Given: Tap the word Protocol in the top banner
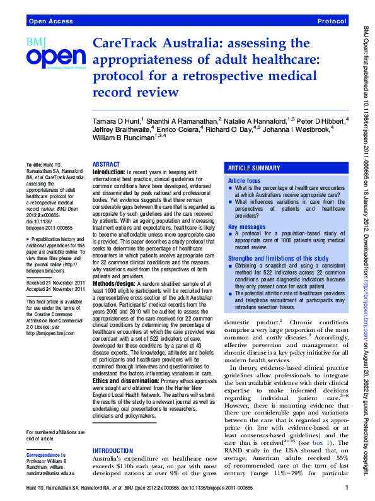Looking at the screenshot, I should pos(332,21).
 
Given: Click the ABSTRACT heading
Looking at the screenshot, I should pos(106,163).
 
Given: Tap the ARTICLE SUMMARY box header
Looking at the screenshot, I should pos(255,168).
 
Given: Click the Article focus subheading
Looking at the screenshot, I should pos(246,180).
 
